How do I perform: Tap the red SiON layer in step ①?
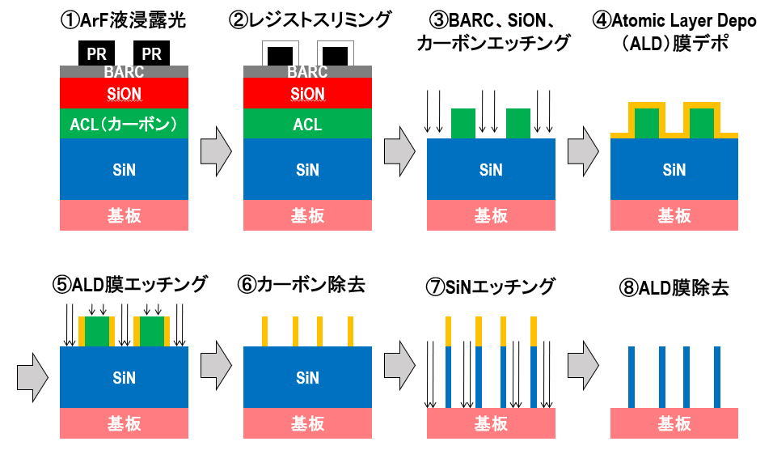point(125,94)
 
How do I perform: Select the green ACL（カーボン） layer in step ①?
point(125,125)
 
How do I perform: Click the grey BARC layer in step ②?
point(307,71)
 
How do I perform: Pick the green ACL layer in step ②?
point(307,125)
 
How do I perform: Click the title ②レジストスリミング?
point(308,19)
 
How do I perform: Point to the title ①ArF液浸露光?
point(125,19)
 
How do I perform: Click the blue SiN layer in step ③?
point(491,169)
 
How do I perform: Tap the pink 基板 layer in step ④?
point(674,215)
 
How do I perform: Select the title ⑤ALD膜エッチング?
point(125,285)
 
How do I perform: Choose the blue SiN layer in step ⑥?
point(307,377)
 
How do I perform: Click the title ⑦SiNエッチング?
point(491,285)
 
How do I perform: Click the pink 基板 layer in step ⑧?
point(674,423)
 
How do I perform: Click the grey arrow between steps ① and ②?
point(216,150)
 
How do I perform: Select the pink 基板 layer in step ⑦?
point(491,423)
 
